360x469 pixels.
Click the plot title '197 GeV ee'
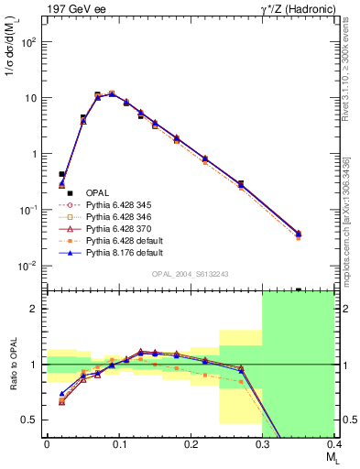75,9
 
